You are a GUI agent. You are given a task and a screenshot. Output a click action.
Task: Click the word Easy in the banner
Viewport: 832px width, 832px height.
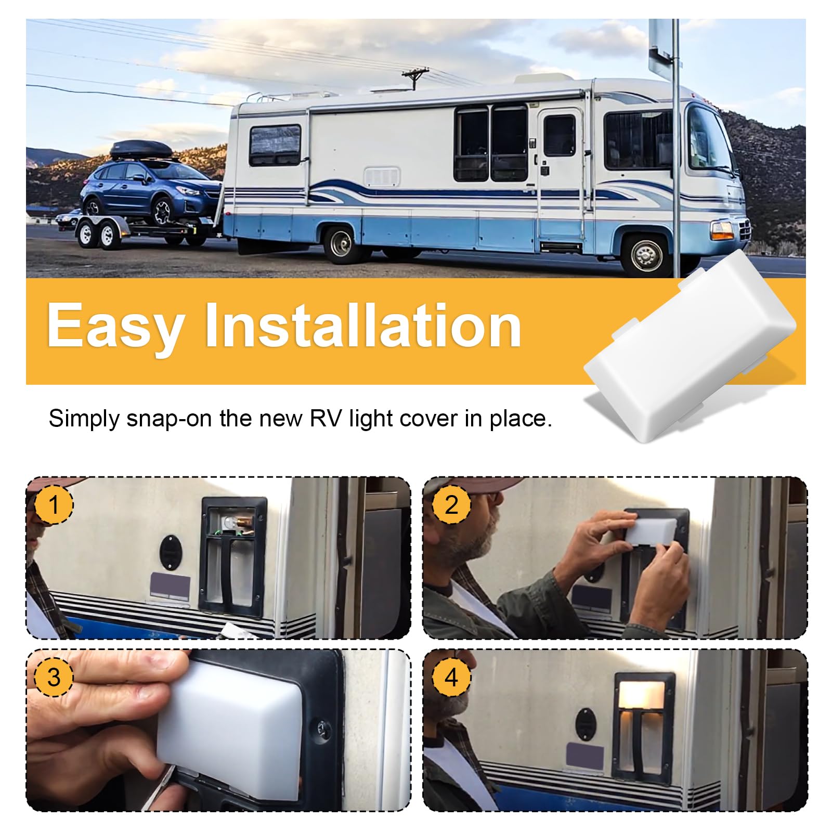[115, 327]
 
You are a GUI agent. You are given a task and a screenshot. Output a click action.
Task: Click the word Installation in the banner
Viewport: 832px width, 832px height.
[363, 326]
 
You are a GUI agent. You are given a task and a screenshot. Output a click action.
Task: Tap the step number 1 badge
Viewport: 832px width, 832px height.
[54, 505]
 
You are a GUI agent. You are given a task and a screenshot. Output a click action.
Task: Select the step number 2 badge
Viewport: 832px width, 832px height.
[451, 505]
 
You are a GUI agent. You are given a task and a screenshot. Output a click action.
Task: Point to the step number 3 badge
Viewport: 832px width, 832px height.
[54, 677]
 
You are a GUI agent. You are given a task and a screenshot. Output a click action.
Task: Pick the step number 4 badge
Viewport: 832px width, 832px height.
[451, 677]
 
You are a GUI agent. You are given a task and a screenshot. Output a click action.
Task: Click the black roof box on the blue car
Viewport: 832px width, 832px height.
[141, 150]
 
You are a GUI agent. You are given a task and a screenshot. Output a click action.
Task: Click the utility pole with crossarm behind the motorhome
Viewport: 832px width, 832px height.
[415, 78]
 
